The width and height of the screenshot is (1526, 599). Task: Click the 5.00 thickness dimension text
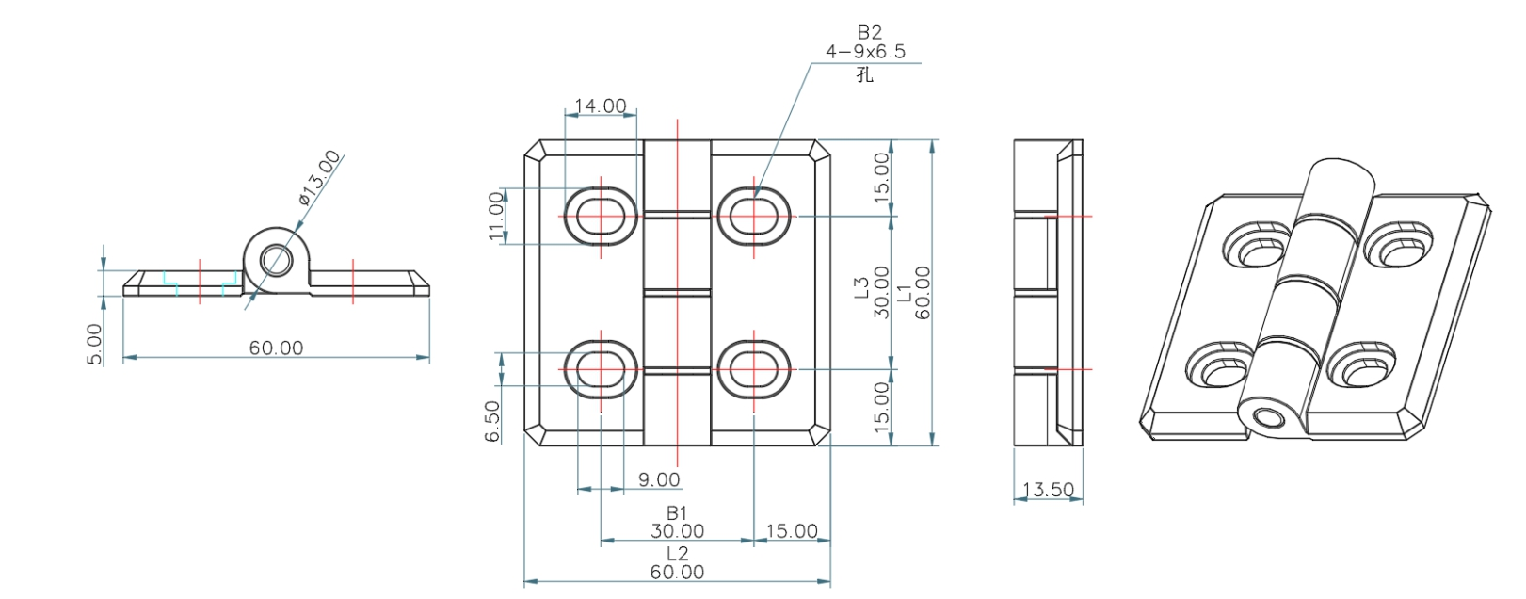pyautogui.click(x=95, y=344)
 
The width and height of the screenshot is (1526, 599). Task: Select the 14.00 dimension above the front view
pyautogui.click(x=601, y=105)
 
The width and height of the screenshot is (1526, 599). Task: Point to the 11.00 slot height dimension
pyautogui.click(x=496, y=216)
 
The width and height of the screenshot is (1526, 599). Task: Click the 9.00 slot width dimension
pyautogui.click(x=658, y=479)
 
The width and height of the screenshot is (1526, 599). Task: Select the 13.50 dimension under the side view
pyautogui.click(x=1048, y=490)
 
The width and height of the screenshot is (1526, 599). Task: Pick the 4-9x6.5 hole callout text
pyautogui.click(x=865, y=52)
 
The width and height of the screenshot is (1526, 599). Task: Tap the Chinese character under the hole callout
pyautogui.click(x=865, y=74)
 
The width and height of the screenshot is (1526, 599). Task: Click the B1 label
pyautogui.click(x=677, y=513)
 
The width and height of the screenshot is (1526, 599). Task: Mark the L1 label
pyautogui.click(x=905, y=292)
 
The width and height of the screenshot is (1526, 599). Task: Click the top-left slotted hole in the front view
pyautogui.click(x=601, y=215)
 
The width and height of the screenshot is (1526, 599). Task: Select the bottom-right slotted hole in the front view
pyautogui.click(x=754, y=368)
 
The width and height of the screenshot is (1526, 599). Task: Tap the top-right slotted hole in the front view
pyautogui.click(x=754, y=215)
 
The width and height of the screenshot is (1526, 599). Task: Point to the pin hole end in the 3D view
pyautogui.click(x=1271, y=417)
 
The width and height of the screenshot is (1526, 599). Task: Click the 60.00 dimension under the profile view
pyautogui.click(x=276, y=348)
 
